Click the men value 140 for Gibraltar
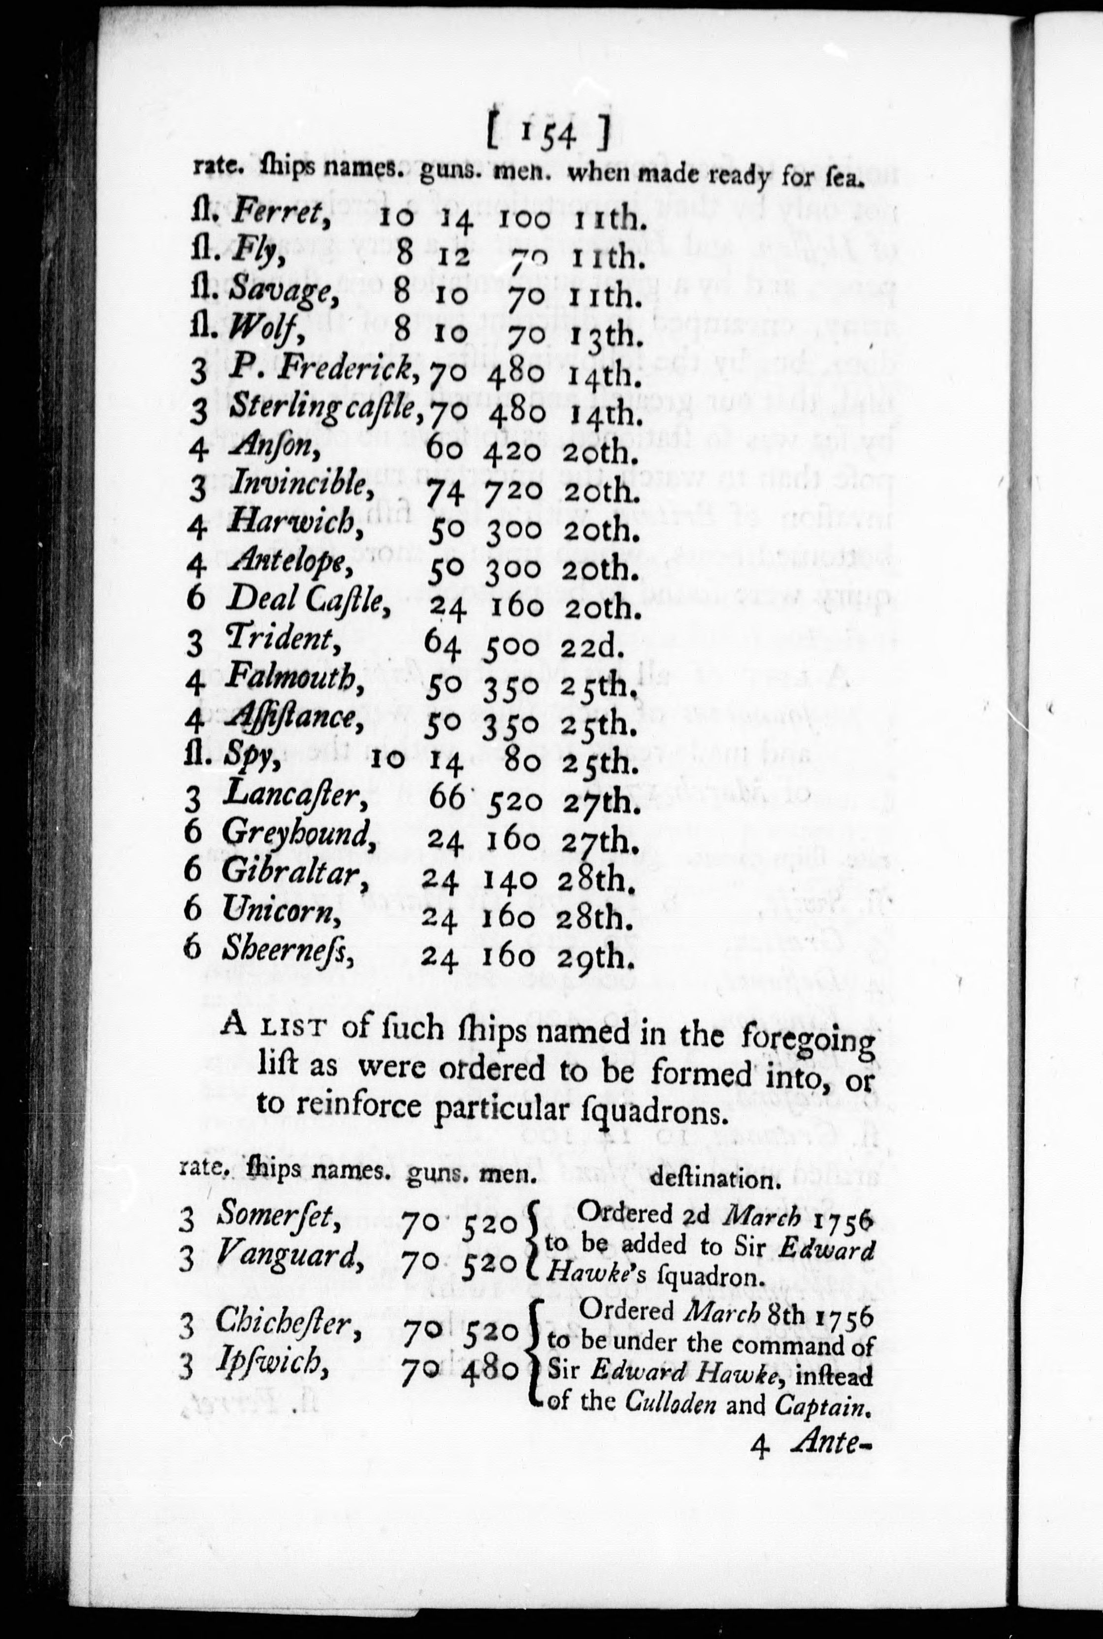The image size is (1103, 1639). (512, 880)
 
